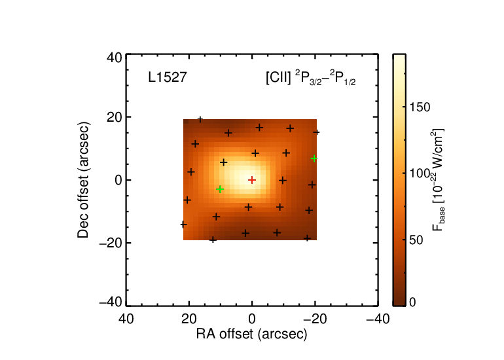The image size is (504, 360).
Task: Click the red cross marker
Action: [252, 180]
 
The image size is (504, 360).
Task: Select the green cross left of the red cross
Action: [220, 189]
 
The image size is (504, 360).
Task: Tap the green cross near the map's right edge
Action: [314, 158]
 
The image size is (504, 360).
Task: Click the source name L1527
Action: [168, 77]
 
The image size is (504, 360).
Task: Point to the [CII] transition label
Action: [311, 78]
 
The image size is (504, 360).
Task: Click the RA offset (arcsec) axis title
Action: [252, 334]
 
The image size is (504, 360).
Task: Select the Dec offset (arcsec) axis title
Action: [83, 180]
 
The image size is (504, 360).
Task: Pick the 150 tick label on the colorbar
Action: [420, 107]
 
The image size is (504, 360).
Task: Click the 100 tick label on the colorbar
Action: [420, 173]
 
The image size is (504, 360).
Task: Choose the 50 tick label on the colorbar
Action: [416, 240]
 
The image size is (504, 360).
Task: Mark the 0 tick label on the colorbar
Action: [413, 302]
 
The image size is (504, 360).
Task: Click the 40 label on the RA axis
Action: [126, 319]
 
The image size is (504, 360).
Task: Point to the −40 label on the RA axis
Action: [378, 319]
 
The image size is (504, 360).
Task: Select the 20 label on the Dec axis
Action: [115, 117]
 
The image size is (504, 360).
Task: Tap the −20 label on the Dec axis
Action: [111, 243]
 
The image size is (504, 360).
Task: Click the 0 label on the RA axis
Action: [252, 319]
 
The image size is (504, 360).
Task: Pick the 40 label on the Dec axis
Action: [115, 58]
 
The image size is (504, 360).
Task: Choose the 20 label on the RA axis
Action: [189, 319]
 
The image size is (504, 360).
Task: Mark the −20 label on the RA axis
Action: [315, 319]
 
